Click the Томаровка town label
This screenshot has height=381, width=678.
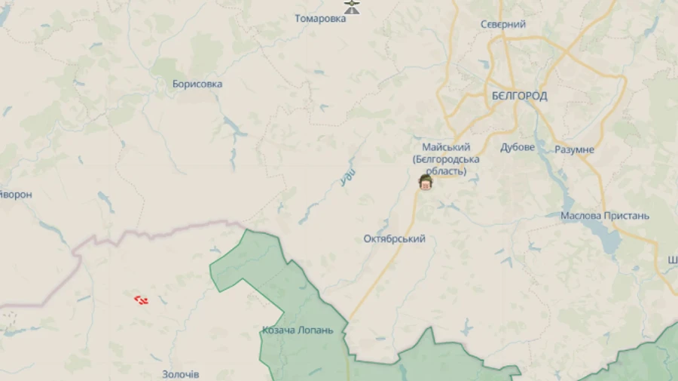(320, 19)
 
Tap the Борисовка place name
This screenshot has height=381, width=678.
(197, 84)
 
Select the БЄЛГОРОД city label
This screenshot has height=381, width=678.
(519, 97)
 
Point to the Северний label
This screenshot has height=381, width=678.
(503, 25)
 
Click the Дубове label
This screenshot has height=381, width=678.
(518, 148)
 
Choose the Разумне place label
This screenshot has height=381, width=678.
(574, 150)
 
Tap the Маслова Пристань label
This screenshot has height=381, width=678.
(604, 216)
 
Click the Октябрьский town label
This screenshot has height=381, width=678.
(394, 239)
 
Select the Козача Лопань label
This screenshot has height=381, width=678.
(298, 330)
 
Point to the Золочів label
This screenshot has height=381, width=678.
(181, 374)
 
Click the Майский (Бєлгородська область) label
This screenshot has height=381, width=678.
(446, 159)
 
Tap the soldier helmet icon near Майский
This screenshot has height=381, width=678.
(426, 183)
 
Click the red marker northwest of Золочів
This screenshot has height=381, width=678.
(141, 300)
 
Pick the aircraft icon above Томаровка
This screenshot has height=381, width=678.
(352, 6)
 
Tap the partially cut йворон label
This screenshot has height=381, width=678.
(15, 195)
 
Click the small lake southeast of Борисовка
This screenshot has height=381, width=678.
(234, 130)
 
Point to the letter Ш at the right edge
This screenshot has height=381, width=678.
(672, 261)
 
